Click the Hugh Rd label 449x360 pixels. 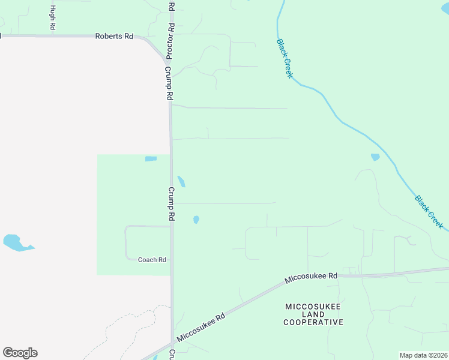[53, 17]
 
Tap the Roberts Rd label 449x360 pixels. [114, 36]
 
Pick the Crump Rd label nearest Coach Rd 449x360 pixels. [171, 204]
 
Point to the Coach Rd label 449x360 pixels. [152, 260]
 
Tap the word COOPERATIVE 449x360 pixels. [313, 322]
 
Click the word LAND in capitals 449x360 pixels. [313, 314]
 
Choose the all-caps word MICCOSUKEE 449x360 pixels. [313, 307]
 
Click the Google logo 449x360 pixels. [20, 353]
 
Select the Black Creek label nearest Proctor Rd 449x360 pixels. [285, 58]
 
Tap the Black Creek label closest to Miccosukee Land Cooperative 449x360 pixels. [429, 212]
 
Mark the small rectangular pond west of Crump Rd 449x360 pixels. [151, 159]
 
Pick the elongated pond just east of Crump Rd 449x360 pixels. [181, 181]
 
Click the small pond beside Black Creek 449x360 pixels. [375, 157]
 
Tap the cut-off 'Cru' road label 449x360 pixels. [172, 354]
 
